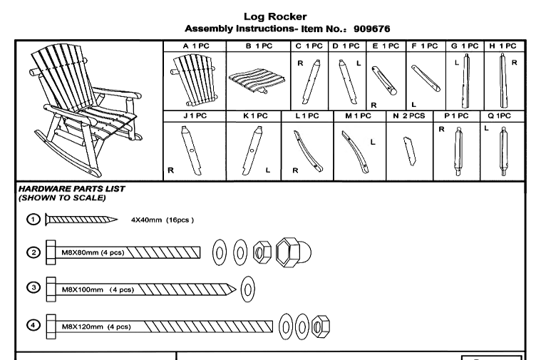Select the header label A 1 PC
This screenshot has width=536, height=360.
(194, 46)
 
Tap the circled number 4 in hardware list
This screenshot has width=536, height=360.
(32, 326)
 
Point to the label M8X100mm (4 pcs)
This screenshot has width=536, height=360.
(98, 290)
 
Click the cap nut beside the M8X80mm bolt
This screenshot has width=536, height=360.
(291, 252)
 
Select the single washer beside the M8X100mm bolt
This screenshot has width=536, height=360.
(248, 289)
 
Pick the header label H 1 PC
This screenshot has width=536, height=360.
(502, 46)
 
